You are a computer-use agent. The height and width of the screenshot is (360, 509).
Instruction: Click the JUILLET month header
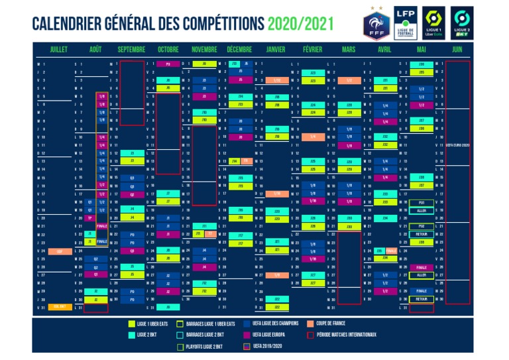point(58,50)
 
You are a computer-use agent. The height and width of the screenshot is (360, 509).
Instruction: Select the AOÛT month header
point(95,50)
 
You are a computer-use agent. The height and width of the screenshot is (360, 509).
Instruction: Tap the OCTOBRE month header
point(168,50)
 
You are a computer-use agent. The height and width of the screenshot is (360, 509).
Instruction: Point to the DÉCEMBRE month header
point(239,50)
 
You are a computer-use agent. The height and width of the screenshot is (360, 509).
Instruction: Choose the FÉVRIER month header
point(312,50)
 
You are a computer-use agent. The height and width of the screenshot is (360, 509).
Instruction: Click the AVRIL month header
point(384,50)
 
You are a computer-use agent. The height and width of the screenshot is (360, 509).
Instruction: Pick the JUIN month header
point(457,50)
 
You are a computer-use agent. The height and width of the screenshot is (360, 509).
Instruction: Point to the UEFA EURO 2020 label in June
point(457,145)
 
